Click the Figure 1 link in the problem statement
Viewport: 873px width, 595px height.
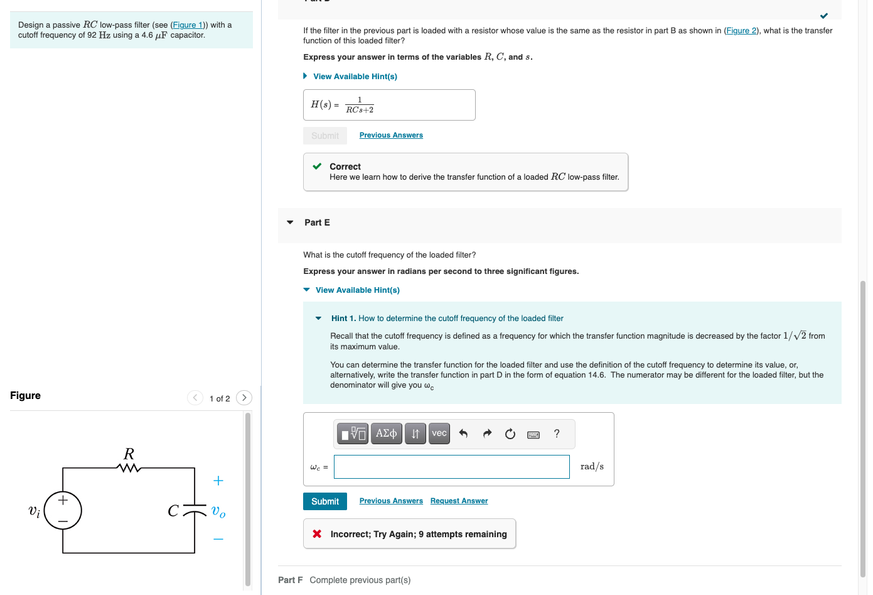coord(187,25)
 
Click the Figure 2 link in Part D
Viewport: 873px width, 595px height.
coord(741,31)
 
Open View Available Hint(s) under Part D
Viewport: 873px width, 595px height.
coord(355,77)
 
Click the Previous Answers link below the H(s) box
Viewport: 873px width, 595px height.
coord(391,135)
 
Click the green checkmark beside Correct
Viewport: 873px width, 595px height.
coord(317,166)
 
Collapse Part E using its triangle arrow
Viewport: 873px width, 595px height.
coord(290,222)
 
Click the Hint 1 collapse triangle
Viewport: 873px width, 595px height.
coord(319,319)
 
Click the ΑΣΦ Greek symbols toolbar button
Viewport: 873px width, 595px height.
coord(386,434)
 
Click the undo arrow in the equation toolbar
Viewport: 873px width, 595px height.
coord(463,434)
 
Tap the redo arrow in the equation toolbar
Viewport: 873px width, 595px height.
coord(487,434)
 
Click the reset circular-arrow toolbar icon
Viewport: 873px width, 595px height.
coord(510,434)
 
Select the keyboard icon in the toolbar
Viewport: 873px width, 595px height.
coord(533,434)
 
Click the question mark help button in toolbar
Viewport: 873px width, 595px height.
coord(557,434)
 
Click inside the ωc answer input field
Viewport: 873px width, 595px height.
coord(451,467)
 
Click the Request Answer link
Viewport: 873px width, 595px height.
coord(459,501)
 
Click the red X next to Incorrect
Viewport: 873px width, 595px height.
coord(317,533)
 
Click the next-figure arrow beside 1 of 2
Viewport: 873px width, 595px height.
coord(244,398)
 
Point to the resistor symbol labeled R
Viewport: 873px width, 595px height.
coord(129,467)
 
